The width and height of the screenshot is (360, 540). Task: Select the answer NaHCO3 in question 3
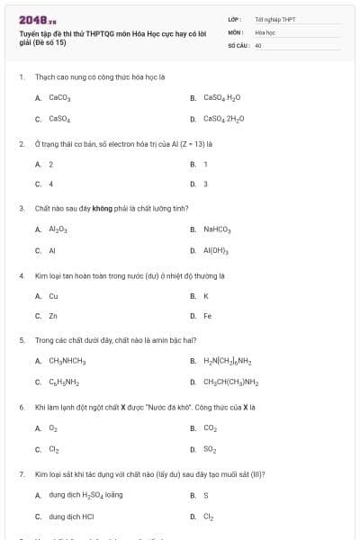(217, 229)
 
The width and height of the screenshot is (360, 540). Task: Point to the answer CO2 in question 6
(210, 427)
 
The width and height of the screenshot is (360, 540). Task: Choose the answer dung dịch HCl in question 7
(71, 517)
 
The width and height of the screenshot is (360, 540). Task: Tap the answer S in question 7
(205, 495)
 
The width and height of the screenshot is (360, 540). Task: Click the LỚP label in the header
(235, 19)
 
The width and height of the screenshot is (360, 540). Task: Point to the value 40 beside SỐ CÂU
(258, 44)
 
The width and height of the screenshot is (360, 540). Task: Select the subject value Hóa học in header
(265, 31)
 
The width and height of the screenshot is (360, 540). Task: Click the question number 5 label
(22, 340)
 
